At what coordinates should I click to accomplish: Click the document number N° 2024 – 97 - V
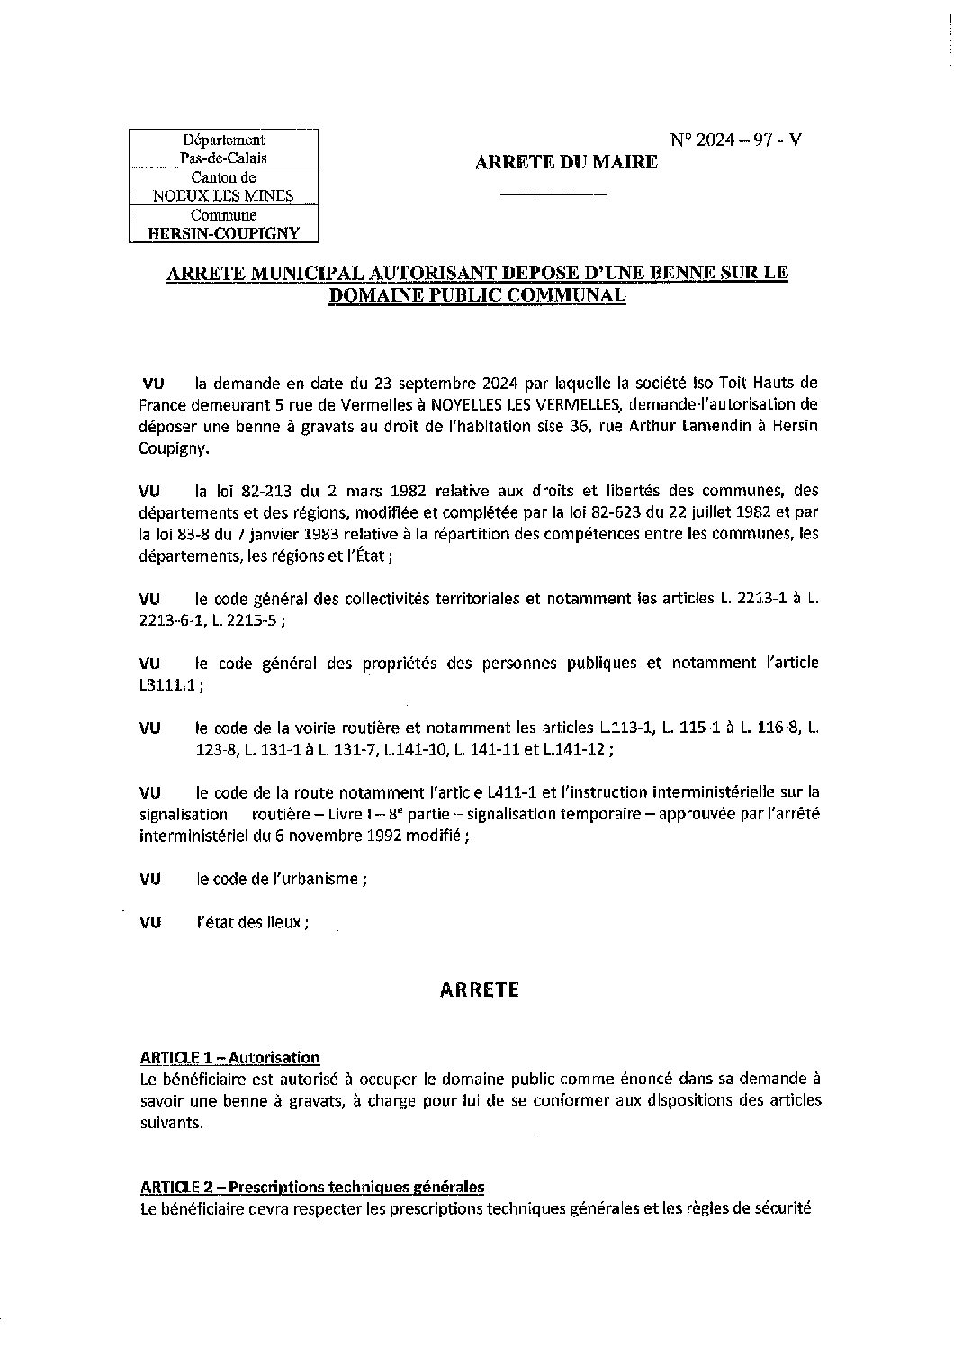735,140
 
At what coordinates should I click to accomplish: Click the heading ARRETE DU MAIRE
566,162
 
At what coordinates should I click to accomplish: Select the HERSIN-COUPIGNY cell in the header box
223,233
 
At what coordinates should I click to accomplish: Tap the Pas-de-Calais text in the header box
223,158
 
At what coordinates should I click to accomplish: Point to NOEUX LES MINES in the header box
223,195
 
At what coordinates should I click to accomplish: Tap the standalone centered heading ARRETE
480,990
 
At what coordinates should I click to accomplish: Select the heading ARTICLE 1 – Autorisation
229,1057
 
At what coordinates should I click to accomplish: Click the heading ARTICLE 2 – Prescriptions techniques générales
312,1186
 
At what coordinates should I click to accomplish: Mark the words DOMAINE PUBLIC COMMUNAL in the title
476,295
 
